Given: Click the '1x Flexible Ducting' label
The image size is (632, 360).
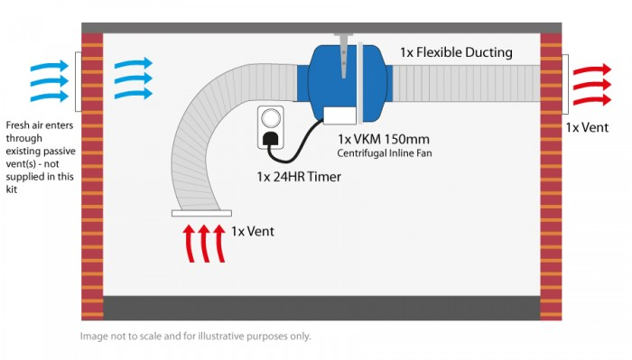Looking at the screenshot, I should point(456,52).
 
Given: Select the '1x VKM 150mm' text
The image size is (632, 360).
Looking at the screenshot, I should point(384,139).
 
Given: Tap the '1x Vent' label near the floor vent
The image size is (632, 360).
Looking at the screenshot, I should point(253,231).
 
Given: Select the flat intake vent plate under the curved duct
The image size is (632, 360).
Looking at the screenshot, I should point(200,214).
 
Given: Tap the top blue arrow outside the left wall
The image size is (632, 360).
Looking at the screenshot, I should point(50,66).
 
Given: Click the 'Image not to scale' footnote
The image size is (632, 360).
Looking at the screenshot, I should point(195,336).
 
